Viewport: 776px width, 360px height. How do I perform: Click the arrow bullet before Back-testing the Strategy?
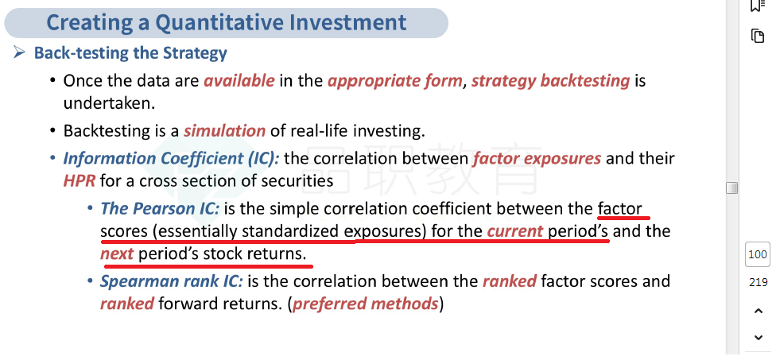pyautogui.click(x=19, y=52)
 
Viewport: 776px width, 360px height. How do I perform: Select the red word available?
pyautogui.click(x=239, y=80)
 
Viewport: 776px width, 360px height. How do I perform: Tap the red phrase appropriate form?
pyautogui.click(x=395, y=80)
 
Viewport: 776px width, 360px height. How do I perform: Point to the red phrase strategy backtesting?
pyautogui.click(x=550, y=80)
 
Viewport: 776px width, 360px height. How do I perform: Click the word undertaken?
pyautogui.click(x=109, y=103)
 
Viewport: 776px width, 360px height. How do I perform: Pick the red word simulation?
pyautogui.click(x=225, y=130)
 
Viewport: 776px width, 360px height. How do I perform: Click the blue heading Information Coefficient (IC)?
pyautogui.click(x=171, y=159)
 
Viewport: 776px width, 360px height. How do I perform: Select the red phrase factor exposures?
pyautogui.click(x=537, y=159)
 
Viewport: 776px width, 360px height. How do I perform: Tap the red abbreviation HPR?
pyautogui.click(x=80, y=181)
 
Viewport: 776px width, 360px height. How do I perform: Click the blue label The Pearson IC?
pyautogui.click(x=160, y=208)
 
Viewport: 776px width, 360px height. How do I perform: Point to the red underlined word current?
pyautogui.click(x=515, y=231)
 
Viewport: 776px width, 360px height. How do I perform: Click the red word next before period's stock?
pyautogui.click(x=117, y=254)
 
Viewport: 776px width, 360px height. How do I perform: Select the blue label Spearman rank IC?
pyautogui.click(x=171, y=281)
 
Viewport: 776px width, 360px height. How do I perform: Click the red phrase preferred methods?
pyautogui.click(x=365, y=304)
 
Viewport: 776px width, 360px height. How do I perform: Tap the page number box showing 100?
pyautogui.click(x=758, y=254)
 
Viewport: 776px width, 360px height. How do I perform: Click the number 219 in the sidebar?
pyautogui.click(x=758, y=282)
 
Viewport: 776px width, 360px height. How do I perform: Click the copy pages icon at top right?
pyautogui.click(x=758, y=36)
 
